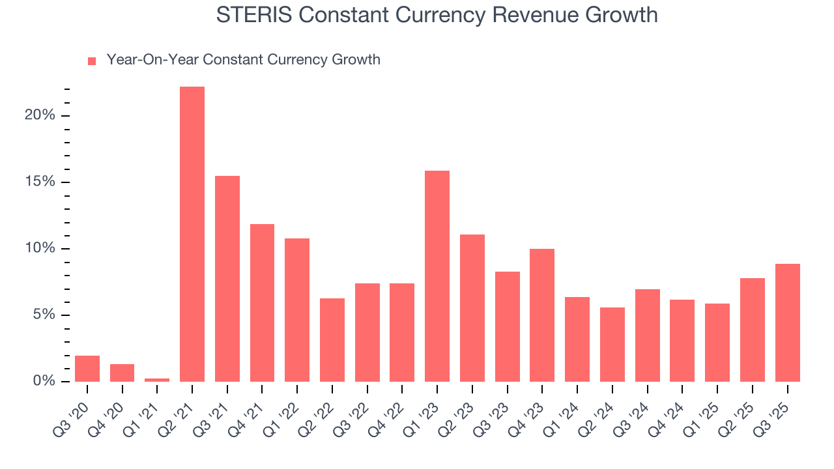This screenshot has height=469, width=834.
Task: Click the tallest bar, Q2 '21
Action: (192, 234)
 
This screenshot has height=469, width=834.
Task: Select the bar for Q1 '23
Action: (437, 276)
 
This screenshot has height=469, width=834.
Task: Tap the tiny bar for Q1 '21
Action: (157, 380)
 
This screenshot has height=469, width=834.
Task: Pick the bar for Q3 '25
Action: (787, 322)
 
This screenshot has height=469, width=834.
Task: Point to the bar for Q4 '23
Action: (542, 315)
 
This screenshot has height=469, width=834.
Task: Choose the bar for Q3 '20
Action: (87, 369)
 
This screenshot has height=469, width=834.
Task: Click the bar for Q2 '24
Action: (612, 345)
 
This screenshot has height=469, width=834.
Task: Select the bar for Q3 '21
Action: (227, 279)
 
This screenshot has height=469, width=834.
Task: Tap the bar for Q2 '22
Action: (332, 340)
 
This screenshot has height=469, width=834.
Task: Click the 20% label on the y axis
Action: (40, 115)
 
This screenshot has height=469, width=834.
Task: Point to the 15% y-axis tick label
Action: (40, 182)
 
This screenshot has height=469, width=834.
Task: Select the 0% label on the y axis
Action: (44, 381)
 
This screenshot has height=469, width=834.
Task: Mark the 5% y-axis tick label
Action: (44, 315)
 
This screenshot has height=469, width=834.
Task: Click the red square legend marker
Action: (92, 61)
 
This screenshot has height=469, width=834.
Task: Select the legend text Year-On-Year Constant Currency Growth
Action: (243, 60)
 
